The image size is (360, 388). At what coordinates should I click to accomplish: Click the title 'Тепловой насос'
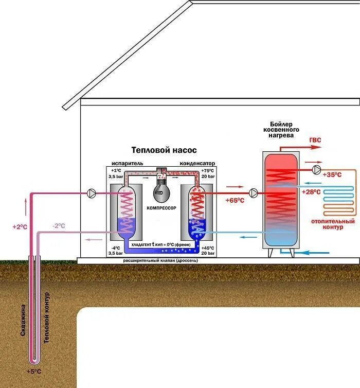pos(164,150)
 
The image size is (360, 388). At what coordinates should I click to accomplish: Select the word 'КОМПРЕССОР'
pos(161,207)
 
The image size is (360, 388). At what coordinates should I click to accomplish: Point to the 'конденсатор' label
pos(197,163)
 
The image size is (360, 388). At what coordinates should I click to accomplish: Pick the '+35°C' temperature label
pos(332,175)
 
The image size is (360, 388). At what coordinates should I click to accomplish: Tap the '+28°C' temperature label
pos(312,192)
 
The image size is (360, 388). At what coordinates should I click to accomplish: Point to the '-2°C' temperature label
pos(59,225)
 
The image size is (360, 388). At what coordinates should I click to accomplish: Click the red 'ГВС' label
pos(315,140)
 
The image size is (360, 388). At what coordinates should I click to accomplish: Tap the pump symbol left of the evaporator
pos(92,193)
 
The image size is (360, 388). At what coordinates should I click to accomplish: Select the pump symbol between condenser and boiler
pos(254,193)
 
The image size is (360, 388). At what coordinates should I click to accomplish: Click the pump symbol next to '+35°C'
pos(316,168)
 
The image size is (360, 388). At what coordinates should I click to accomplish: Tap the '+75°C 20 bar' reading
pos(208,173)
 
